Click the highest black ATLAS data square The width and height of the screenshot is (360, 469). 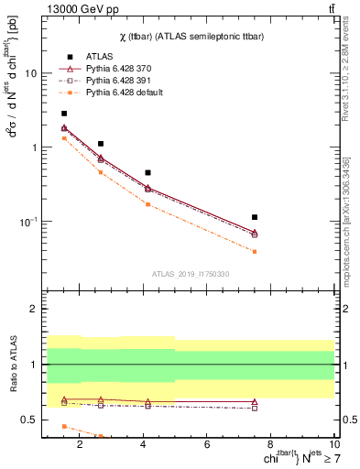64,114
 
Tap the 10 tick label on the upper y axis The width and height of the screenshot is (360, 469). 29,73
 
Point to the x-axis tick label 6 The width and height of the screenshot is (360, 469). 208,444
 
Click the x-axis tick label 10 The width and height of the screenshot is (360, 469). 334,444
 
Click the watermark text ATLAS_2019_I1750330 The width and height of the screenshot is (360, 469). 191,274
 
